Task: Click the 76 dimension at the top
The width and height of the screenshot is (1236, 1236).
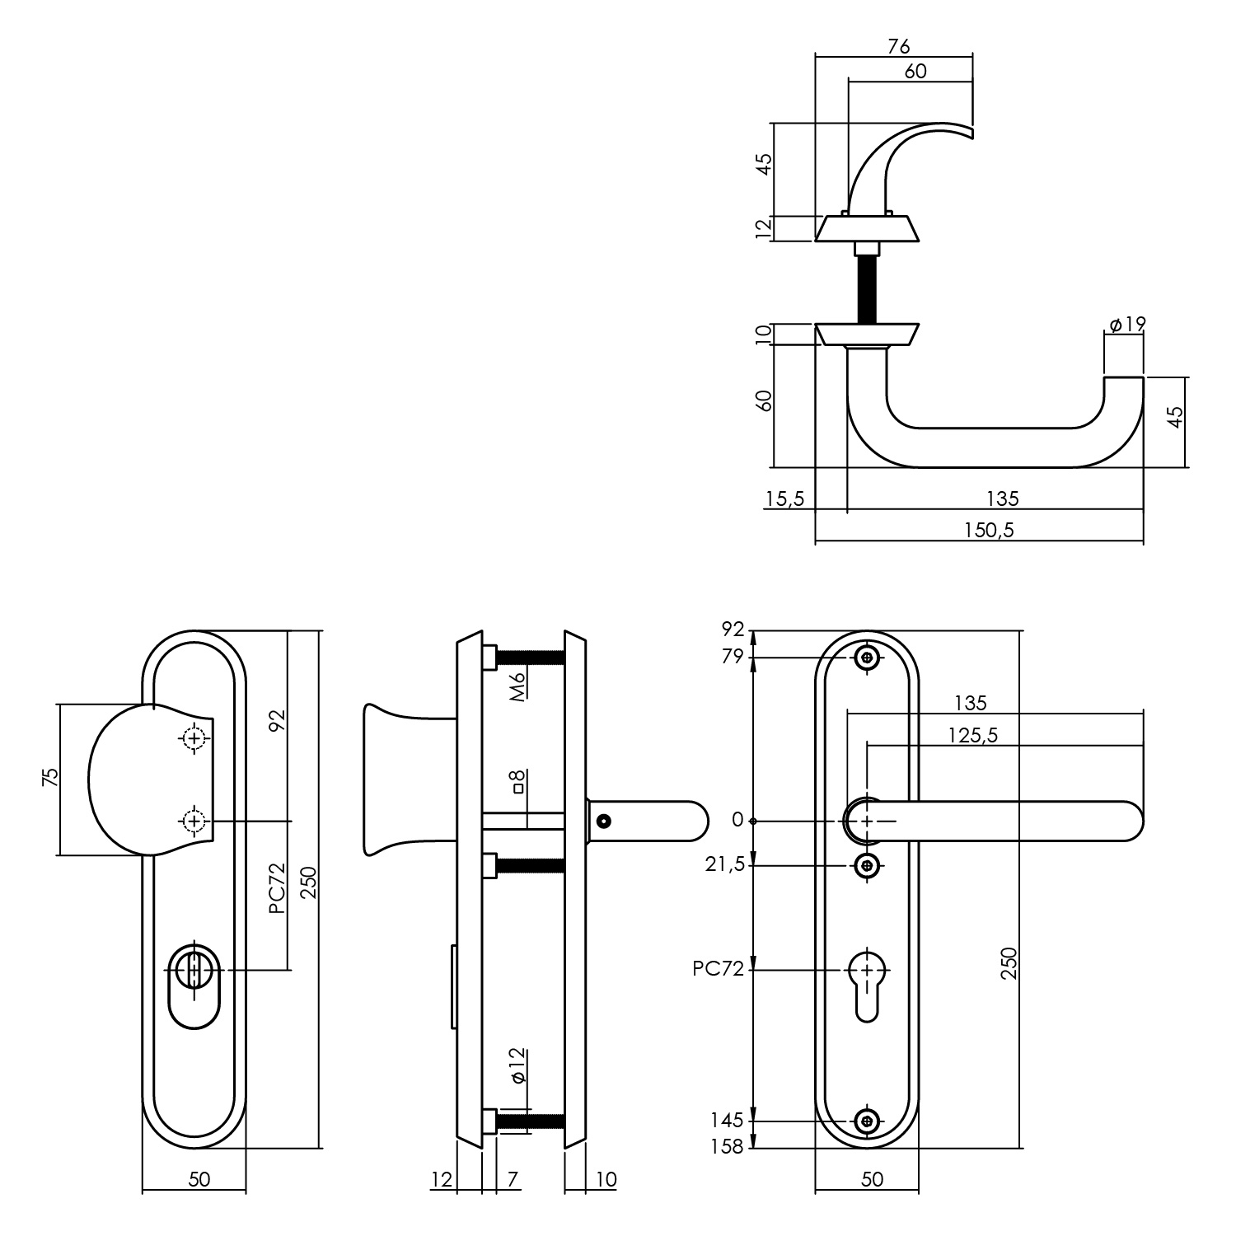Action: click(898, 46)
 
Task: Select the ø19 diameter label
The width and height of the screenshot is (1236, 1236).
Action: click(1127, 324)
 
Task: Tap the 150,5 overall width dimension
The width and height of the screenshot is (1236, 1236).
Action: click(988, 530)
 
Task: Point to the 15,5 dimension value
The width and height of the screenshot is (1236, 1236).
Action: click(784, 499)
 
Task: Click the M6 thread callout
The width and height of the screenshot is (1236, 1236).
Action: click(517, 686)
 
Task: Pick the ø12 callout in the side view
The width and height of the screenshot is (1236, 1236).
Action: click(517, 1065)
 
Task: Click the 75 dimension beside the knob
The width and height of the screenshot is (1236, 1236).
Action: click(51, 779)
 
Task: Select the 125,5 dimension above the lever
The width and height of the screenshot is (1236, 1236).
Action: click(972, 735)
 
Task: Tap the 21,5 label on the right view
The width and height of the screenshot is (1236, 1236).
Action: click(724, 864)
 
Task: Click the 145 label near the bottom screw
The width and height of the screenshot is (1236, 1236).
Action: click(728, 1120)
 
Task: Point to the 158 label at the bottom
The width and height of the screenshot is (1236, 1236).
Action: click(728, 1145)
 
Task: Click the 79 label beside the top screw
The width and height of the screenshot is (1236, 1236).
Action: click(732, 657)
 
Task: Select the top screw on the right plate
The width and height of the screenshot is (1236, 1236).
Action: click(866, 658)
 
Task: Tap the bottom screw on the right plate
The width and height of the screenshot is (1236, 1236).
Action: click(866, 1121)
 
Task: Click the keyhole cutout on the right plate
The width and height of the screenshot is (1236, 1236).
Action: click(867, 985)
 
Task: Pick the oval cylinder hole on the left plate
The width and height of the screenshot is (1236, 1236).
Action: click(194, 986)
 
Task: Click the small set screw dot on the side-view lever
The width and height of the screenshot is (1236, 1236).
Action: click(605, 821)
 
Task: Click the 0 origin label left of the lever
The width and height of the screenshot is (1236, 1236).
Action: click(737, 820)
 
